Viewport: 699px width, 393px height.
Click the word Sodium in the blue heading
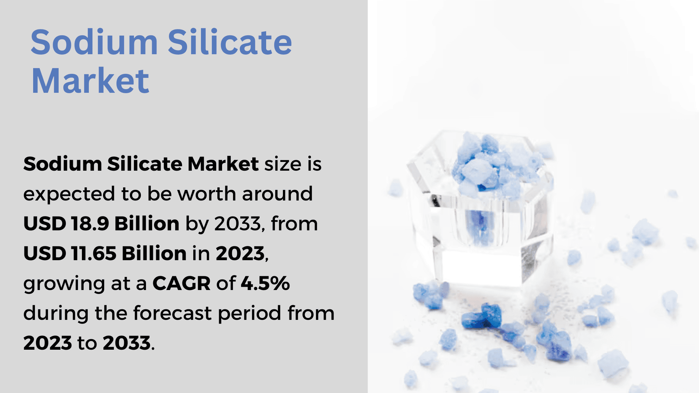tap(94, 42)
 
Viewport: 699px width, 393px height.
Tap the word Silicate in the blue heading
tap(230, 42)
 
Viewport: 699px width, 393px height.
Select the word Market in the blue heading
tap(90, 81)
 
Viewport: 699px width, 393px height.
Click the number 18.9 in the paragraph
tap(90, 223)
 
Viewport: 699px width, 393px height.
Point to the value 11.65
tap(94, 253)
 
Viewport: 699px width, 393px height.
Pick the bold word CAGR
tap(181, 283)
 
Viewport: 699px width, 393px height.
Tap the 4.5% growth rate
tap(265, 283)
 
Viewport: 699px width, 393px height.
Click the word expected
tap(69, 194)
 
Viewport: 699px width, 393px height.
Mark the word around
tap(277, 194)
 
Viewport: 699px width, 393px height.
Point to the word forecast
tap(173, 313)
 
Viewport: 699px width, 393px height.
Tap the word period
tap(250, 314)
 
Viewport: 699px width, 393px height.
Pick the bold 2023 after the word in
tap(240, 253)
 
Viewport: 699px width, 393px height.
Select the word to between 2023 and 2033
tap(87, 343)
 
